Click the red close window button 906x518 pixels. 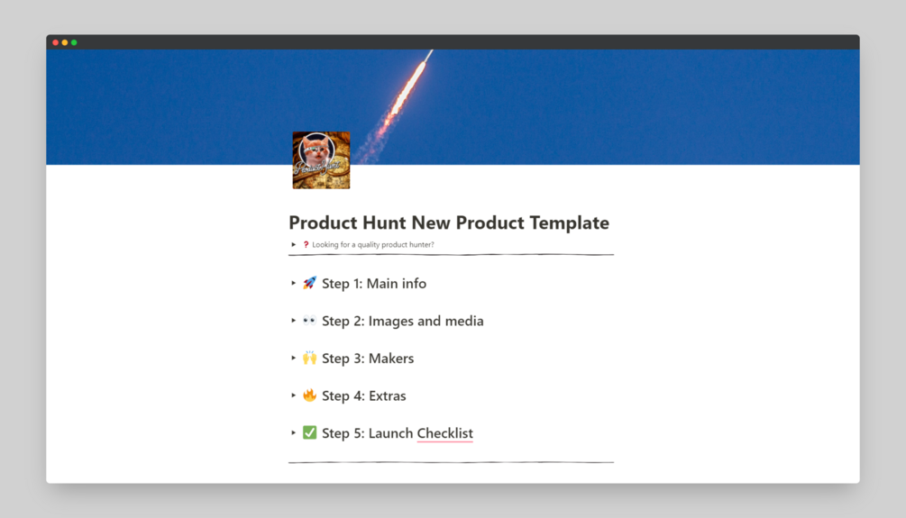click(56, 42)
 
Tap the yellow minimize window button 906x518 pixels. click(65, 42)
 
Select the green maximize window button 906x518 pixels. click(74, 42)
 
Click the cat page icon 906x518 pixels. click(321, 160)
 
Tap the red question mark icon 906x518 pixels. click(307, 245)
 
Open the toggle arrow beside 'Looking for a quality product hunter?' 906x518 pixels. click(294, 245)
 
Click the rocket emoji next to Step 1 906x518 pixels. click(310, 283)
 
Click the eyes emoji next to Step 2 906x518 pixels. click(310, 320)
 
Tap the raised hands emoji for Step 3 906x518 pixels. click(310, 358)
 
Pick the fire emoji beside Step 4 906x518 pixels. click(310, 395)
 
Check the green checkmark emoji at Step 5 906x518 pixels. click(310, 432)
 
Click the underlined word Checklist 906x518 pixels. click(445, 433)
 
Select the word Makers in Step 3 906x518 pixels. click(391, 359)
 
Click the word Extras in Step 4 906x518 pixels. click(387, 396)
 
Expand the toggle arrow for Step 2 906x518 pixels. click(294, 321)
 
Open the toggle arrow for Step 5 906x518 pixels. click(294, 432)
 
